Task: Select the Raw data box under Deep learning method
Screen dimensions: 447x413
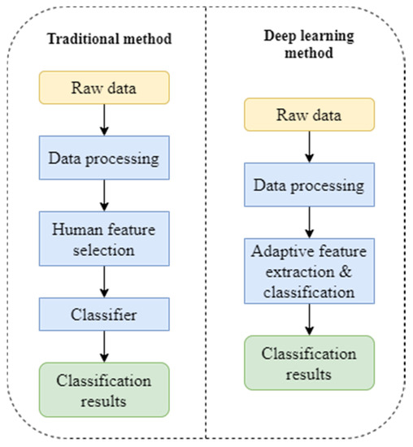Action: point(310,115)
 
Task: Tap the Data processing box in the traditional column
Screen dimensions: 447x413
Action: point(104,158)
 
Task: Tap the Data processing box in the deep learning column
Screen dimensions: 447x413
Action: point(310,185)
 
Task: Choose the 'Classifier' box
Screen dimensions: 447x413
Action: point(104,312)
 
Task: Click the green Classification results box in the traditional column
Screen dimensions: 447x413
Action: point(104,389)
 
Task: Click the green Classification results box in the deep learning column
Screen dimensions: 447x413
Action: point(310,363)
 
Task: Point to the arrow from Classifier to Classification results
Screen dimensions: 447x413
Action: point(104,346)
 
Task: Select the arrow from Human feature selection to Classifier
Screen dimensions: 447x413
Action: point(104,281)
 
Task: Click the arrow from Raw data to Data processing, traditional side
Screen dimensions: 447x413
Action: point(104,119)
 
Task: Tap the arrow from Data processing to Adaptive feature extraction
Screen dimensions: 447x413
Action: point(310,221)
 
